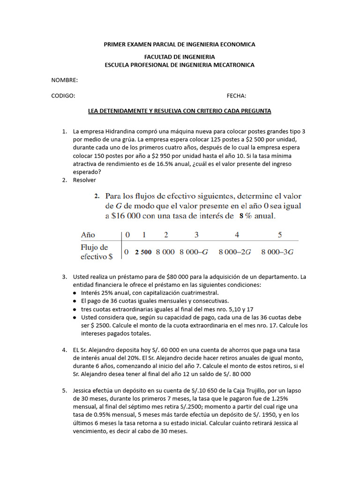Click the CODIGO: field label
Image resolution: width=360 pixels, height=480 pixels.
(63, 96)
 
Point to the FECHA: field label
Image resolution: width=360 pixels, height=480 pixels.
(236, 96)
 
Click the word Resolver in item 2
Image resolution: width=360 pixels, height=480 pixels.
(84, 180)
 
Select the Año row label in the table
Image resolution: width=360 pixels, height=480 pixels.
(88, 234)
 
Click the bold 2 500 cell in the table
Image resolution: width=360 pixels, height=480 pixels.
(143, 252)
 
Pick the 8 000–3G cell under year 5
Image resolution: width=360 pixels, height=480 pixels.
(277, 252)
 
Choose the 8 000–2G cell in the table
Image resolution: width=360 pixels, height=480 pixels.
(235, 252)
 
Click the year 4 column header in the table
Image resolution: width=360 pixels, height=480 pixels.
(237, 234)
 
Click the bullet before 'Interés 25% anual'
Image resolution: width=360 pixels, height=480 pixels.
(75, 293)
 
